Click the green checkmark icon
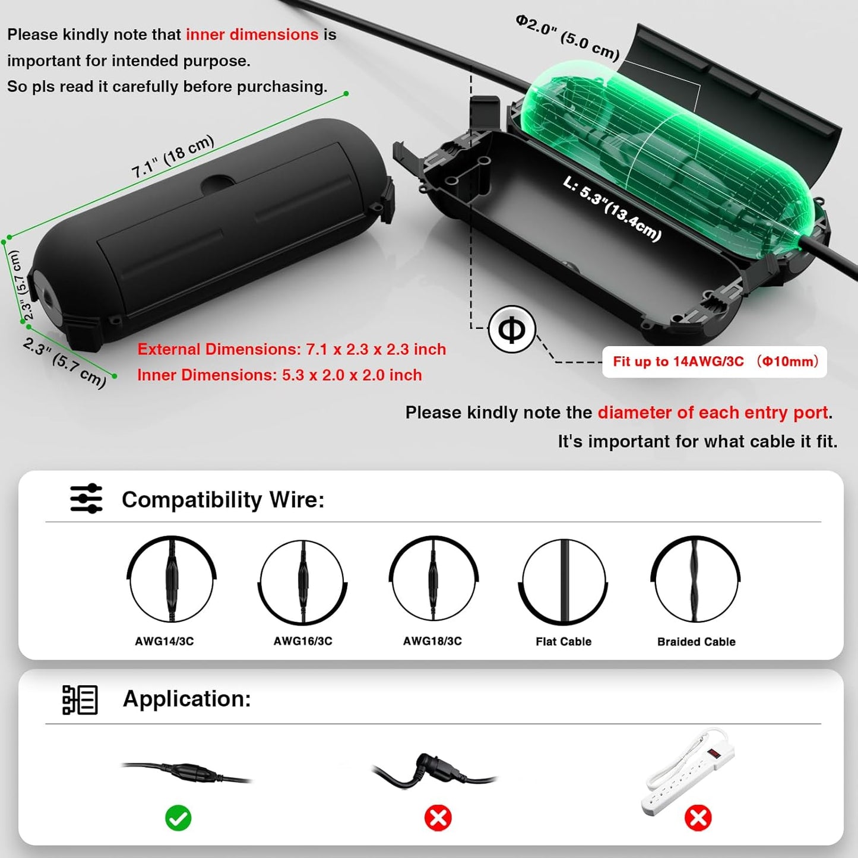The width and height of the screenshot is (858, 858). pyautogui.click(x=178, y=818)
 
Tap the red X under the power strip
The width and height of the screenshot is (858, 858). pyautogui.click(x=698, y=818)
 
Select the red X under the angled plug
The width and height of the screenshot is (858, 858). pyautogui.click(x=438, y=818)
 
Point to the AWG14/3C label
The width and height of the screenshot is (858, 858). pyautogui.click(x=164, y=641)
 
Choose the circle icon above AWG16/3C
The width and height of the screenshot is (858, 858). pyautogui.click(x=303, y=582)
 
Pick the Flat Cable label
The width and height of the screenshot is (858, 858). pyautogui.click(x=563, y=641)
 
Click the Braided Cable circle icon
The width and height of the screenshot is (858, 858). pyautogui.click(x=695, y=580)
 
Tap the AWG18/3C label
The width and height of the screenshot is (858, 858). pyautogui.click(x=432, y=641)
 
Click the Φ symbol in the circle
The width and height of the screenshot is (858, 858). pyautogui.click(x=512, y=329)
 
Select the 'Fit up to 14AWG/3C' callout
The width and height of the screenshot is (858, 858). pyautogui.click(x=715, y=362)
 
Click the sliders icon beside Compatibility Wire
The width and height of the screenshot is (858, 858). pyautogui.click(x=86, y=498)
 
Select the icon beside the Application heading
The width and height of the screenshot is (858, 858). pyautogui.click(x=80, y=699)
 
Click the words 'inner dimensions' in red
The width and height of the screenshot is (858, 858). pyautogui.click(x=252, y=34)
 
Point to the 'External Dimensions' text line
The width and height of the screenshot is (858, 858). pyautogui.click(x=292, y=349)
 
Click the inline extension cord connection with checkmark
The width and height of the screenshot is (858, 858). pyautogui.click(x=186, y=772)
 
